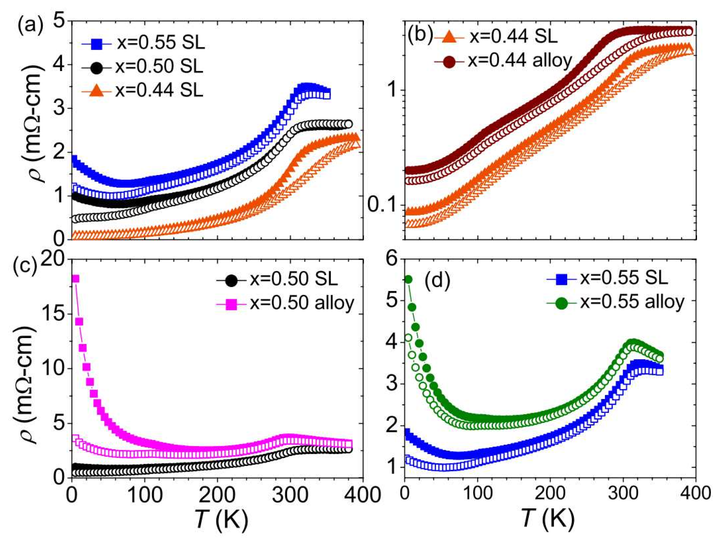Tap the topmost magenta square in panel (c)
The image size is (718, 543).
point(75,279)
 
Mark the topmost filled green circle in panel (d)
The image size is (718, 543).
point(408,280)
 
